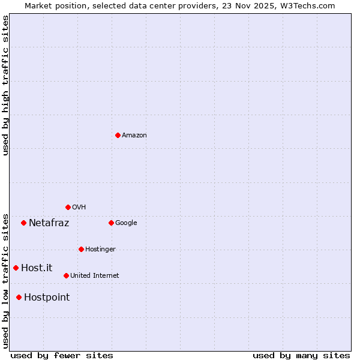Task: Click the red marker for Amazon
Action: click(118, 135)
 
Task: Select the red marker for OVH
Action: click(68, 207)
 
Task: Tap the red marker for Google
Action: click(111, 223)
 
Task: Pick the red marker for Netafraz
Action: click(23, 223)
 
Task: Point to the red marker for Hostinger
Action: click(81, 249)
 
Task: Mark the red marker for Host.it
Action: click(16, 268)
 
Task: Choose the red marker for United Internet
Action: click(66, 275)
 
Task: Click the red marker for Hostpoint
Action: click(19, 297)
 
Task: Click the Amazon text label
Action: click(134, 136)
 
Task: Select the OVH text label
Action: click(79, 208)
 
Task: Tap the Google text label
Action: click(126, 223)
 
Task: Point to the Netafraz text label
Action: click(49, 223)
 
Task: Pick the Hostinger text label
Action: click(100, 250)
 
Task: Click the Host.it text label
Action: click(37, 268)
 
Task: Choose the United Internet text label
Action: click(95, 276)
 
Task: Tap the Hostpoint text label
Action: click(47, 298)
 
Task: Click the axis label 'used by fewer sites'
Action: click(62, 355)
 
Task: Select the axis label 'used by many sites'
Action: click(301, 355)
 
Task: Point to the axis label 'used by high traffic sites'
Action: click(6, 86)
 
